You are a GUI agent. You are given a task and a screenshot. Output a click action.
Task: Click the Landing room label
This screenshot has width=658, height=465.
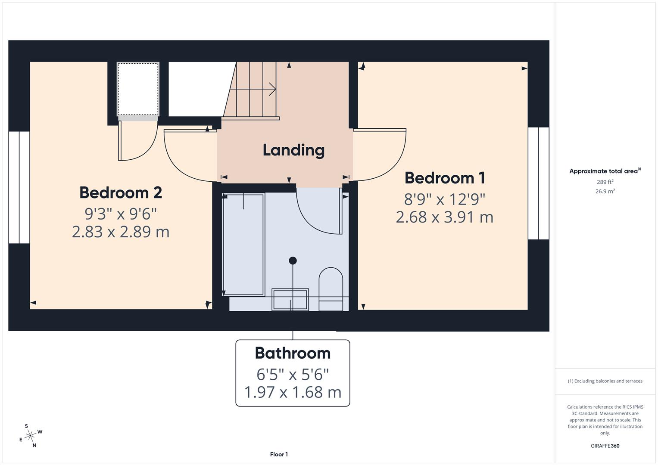click(x=293, y=150)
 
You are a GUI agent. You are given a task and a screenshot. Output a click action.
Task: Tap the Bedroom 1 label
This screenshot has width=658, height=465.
click(x=445, y=178)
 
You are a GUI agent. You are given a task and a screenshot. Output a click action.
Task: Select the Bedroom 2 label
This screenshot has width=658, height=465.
click(x=121, y=192)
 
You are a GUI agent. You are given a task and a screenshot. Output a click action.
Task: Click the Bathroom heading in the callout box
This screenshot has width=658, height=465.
click(x=293, y=353)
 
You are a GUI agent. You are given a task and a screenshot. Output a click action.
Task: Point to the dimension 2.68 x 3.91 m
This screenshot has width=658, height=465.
click(x=444, y=217)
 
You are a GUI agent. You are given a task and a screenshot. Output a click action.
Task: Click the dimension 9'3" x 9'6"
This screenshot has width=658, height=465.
click(x=120, y=214)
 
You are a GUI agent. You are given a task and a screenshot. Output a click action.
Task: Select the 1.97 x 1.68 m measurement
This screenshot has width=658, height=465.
click(x=293, y=392)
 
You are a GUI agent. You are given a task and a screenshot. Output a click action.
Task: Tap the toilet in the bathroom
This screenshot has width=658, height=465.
click(x=331, y=288)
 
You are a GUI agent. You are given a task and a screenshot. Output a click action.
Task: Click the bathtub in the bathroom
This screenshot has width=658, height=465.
click(x=243, y=244)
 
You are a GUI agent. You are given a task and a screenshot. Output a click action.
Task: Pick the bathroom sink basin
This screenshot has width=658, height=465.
click(x=290, y=299)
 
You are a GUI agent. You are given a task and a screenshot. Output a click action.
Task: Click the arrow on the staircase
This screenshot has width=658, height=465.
click(x=271, y=90)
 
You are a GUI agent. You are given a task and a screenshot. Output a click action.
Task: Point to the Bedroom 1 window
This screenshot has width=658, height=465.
click(x=538, y=183)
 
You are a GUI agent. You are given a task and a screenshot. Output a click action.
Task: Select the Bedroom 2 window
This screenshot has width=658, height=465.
click(x=19, y=187)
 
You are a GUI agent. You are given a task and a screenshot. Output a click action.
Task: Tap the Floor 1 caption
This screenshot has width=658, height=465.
click(x=279, y=454)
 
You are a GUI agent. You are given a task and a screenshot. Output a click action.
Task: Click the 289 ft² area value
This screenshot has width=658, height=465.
click(x=605, y=182)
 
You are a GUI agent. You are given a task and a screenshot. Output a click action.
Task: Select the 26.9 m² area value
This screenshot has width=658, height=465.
click(x=605, y=192)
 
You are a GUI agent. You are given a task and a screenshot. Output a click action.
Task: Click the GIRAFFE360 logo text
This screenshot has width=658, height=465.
click(x=605, y=446)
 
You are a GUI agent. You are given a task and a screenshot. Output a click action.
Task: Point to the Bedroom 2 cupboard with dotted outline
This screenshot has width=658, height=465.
click(x=138, y=89)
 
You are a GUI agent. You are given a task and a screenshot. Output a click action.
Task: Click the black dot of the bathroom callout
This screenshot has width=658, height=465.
click(x=293, y=260)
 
